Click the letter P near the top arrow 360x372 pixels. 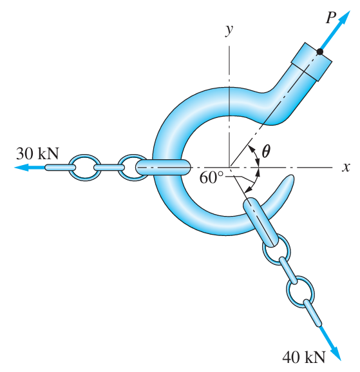tap(331, 17)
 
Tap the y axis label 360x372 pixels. tap(229, 30)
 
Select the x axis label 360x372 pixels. tap(346, 167)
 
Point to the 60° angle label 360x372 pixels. tap(211, 178)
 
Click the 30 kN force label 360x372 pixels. tap(37, 153)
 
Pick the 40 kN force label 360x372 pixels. tap(303, 357)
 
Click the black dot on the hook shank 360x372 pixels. tap(319, 52)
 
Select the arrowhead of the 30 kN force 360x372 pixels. tap(22, 167)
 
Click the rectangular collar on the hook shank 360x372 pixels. tap(312, 62)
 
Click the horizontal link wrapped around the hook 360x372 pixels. tap(163, 167)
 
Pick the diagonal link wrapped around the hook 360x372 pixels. tap(260, 222)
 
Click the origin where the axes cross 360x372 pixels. tap(229, 167)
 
